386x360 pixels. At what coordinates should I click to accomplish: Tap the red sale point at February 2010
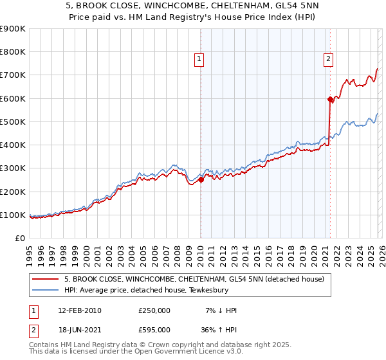click(x=200, y=180)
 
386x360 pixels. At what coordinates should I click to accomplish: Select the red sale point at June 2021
click(x=329, y=99)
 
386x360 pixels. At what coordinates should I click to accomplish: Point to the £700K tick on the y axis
click(x=13, y=75)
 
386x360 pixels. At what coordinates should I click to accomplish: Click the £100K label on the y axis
click(x=13, y=215)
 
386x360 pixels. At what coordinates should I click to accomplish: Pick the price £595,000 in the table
click(x=154, y=331)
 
